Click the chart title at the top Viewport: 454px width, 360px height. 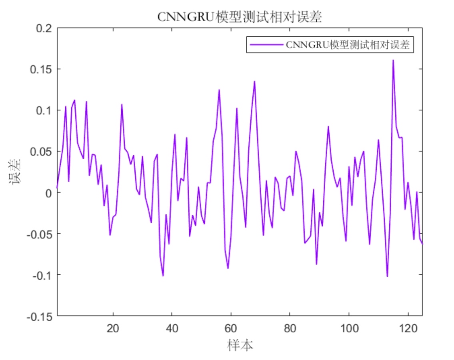239,17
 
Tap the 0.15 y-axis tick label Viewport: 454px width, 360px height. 42,69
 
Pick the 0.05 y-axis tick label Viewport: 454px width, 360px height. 42,152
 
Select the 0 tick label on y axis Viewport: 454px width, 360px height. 49,193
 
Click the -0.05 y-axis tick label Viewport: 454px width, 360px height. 40,234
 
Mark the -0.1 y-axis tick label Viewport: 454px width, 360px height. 43,275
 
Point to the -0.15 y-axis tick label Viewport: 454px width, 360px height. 40,316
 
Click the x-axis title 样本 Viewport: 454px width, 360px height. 240,345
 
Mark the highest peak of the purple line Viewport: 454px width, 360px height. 393,60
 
